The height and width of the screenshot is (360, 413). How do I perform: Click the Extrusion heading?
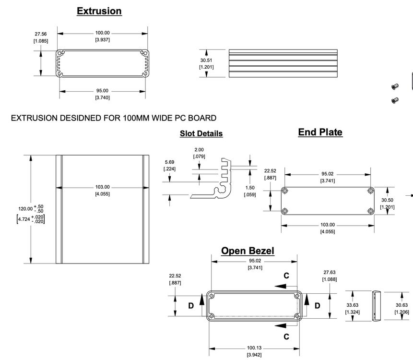[99, 11]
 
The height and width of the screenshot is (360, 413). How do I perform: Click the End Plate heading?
[320, 132]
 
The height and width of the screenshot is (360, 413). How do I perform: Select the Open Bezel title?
[248, 251]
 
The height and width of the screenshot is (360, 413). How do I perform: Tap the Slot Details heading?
[201, 133]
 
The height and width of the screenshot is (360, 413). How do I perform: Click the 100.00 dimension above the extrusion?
[102, 33]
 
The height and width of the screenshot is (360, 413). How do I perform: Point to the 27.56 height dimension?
[40, 34]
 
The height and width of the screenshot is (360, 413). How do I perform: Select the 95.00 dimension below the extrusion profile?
[102, 91]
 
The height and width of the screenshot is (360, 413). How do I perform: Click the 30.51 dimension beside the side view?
[206, 60]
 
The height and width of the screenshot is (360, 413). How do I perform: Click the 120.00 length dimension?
[25, 209]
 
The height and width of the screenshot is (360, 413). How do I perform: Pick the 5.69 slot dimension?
[169, 162]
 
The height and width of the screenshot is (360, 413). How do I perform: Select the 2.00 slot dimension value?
[199, 150]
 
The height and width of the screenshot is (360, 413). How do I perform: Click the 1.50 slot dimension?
[249, 188]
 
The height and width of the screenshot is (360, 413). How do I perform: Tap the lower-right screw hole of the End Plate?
[370, 211]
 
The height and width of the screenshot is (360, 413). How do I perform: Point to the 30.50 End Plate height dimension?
[387, 200]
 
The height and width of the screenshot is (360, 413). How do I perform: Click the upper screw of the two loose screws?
[394, 87]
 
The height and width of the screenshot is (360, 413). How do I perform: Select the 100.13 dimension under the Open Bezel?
[254, 348]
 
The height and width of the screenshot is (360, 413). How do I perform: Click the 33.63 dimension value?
[352, 305]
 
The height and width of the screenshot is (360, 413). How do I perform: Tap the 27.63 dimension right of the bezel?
[330, 272]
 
